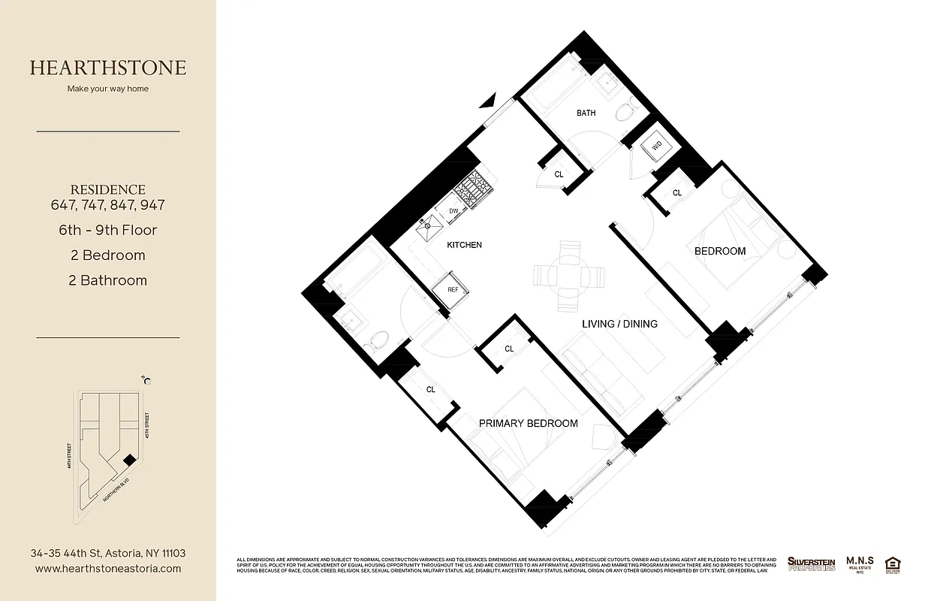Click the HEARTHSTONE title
tap(108, 68)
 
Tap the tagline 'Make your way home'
tap(108, 89)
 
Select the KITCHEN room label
tap(464, 245)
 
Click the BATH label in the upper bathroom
tap(586, 113)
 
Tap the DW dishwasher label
tap(453, 211)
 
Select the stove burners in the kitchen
tap(474, 191)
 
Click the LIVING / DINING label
tap(619, 324)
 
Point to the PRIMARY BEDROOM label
tap(528, 424)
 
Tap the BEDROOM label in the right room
tap(719, 251)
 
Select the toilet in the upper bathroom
tap(625, 113)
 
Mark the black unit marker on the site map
tap(129, 459)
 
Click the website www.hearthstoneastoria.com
tap(108, 569)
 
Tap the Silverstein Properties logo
tap(811, 563)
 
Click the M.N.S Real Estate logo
tap(858, 563)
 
